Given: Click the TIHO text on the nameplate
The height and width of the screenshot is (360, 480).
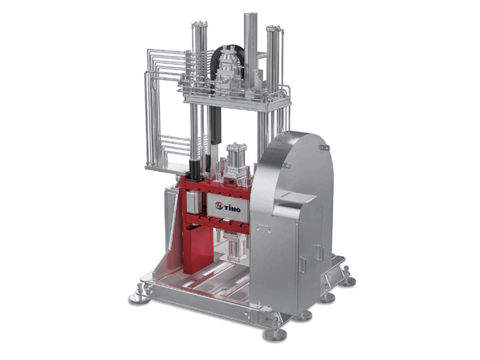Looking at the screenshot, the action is (232, 209).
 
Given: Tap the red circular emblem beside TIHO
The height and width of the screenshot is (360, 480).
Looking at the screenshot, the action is (219, 206).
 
